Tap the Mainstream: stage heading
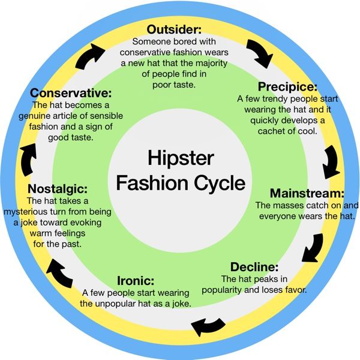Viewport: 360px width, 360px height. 307,193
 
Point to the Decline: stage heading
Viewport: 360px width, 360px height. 254,267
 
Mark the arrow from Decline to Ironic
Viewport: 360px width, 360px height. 208,326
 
